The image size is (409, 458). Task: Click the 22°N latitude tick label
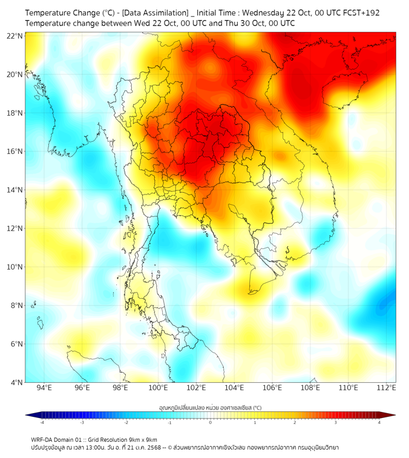(15, 36)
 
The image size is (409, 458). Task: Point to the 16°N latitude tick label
(15, 151)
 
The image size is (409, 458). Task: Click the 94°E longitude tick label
(44, 388)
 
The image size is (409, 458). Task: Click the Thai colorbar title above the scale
(210, 408)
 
